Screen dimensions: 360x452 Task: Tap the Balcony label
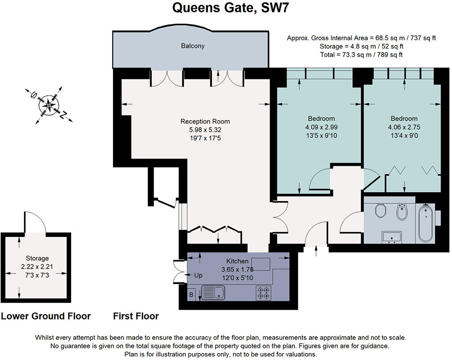pyautogui.click(x=193, y=46)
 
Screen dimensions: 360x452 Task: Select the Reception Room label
pyautogui.click(x=205, y=121)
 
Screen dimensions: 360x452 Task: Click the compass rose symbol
pyautogui.click(x=47, y=105)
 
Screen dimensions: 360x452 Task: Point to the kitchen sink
pyautogui.click(x=213, y=292)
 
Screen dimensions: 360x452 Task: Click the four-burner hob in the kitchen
pyautogui.click(x=264, y=292)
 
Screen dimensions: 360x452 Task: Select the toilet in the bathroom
pyautogui.click(x=380, y=211)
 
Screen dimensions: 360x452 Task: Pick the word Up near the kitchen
pyautogui.click(x=199, y=275)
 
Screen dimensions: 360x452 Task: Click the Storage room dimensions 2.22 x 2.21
pyautogui.click(x=37, y=266)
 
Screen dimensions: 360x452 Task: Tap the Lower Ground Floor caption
pyautogui.click(x=46, y=316)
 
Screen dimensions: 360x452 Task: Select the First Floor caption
pyautogui.click(x=136, y=316)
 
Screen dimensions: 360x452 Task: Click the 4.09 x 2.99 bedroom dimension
pyautogui.click(x=321, y=127)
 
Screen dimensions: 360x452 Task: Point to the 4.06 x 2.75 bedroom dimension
pyautogui.click(x=404, y=127)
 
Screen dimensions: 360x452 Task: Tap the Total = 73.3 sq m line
pyautogui.click(x=362, y=55)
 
